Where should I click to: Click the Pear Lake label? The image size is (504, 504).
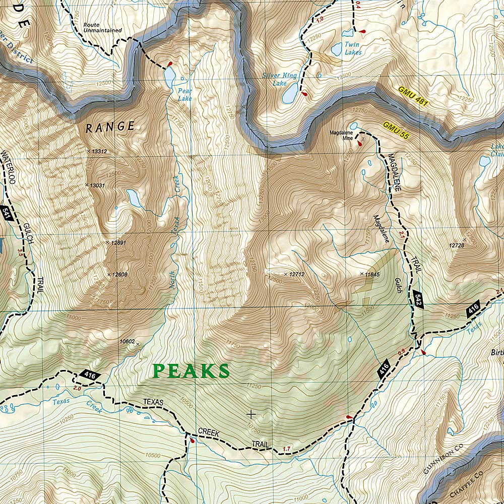pyautogui.click(x=184, y=95)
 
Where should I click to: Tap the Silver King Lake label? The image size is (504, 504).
pyautogui.click(x=280, y=79)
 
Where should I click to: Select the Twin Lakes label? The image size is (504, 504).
pyautogui.click(x=352, y=48)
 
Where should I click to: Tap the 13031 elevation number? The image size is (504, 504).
pyautogui.click(x=97, y=185)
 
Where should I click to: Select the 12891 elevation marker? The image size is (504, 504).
pyautogui.click(x=117, y=242)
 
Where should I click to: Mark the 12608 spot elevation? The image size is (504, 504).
pyautogui.click(x=119, y=275)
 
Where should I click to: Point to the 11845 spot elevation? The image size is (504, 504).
pyautogui.click(x=371, y=274)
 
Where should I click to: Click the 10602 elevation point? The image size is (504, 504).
pyautogui.click(x=128, y=342)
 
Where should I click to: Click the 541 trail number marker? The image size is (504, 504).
pyautogui.click(x=6, y=212)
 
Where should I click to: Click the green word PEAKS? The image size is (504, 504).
pyautogui.click(x=191, y=371)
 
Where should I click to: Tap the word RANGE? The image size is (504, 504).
pyautogui.click(x=110, y=127)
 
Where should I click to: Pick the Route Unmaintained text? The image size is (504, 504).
pyautogui.click(x=102, y=27)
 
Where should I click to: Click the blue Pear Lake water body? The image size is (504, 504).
pyautogui.click(x=169, y=76)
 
